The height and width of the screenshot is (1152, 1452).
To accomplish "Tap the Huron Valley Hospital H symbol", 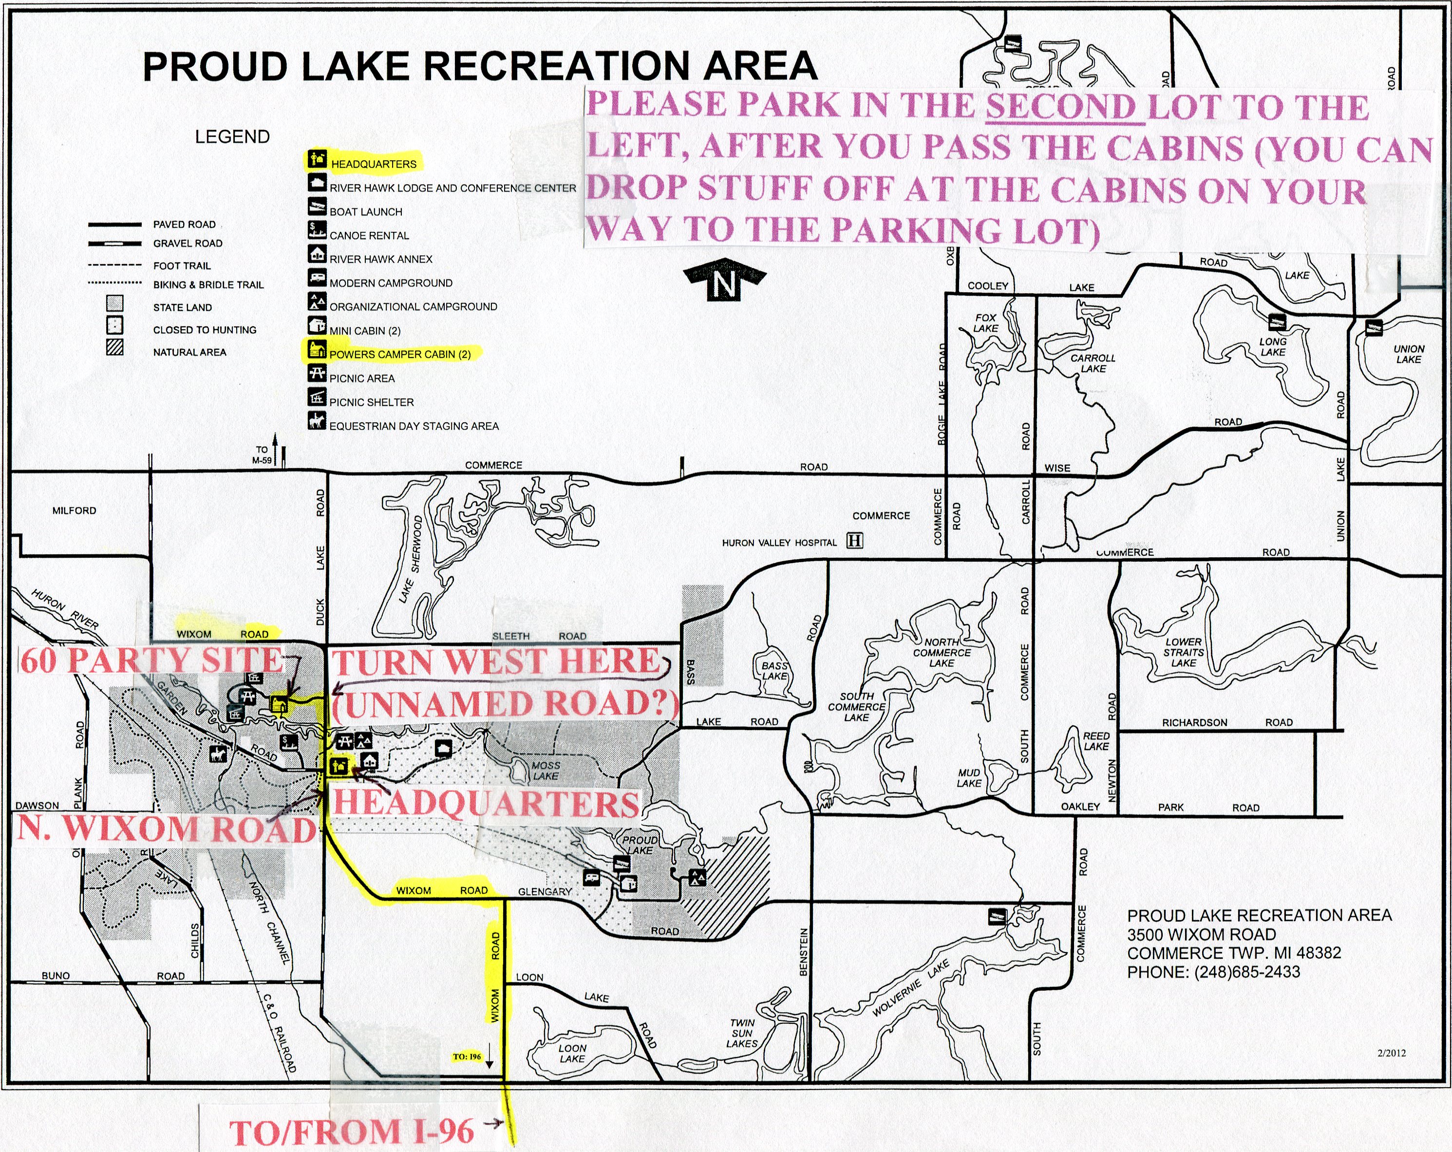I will (x=855, y=541).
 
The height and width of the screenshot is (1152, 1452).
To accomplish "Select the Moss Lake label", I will (x=546, y=770).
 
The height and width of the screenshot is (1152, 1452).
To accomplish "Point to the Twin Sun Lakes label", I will (x=742, y=1033).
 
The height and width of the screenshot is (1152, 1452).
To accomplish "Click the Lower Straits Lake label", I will (x=1183, y=652).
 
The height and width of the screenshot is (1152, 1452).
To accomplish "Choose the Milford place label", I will (x=74, y=510).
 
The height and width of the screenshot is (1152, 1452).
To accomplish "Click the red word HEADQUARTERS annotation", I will (x=486, y=804).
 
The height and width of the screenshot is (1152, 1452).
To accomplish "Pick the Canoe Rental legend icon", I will (x=317, y=230).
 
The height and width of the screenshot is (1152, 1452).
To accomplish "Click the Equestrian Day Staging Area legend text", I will (x=414, y=426).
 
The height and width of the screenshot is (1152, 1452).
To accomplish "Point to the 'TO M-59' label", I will (x=262, y=455).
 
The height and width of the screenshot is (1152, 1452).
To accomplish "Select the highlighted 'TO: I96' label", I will (x=467, y=1057).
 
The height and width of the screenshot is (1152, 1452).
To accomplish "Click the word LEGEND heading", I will (x=232, y=137).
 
